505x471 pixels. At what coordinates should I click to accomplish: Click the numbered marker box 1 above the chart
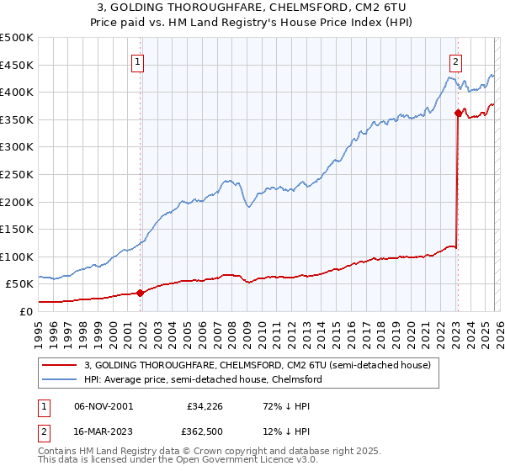tap(137, 61)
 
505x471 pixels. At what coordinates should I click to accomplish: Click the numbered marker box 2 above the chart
tap(455, 61)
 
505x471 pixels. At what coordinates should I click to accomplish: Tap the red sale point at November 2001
tap(140, 293)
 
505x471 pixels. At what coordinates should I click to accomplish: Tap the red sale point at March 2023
tap(458, 113)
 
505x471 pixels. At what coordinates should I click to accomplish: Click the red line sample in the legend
tap(60, 366)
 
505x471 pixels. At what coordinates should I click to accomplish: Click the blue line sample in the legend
tap(60, 380)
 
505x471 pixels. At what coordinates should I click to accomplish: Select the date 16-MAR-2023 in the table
tap(103, 432)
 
